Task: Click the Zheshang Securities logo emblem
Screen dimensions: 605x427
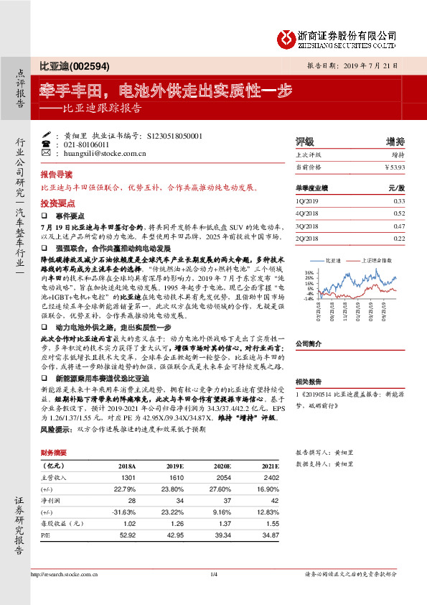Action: pyautogui.click(x=287, y=37)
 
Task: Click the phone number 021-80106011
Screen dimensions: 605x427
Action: pyautogui.click(x=87, y=144)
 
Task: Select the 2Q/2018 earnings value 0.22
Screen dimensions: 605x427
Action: pyautogui.click(x=400, y=238)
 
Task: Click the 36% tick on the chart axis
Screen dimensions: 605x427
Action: pyautogui.click(x=309, y=273)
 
